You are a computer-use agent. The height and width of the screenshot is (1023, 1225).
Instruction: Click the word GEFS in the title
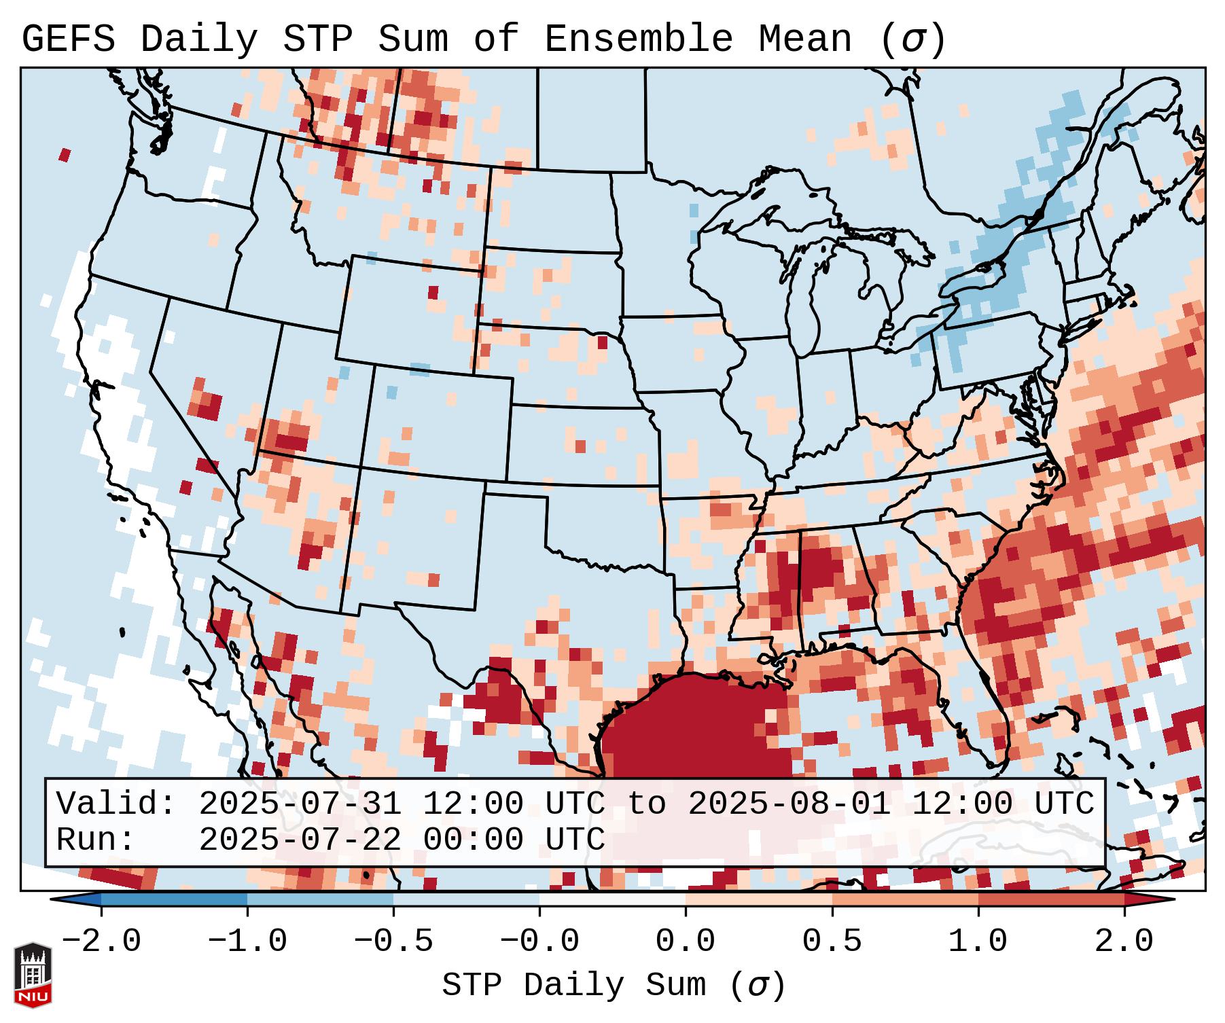pyautogui.click(x=68, y=39)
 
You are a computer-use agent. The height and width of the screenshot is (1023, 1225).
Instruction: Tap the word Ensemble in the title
pyautogui.click(x=638, y=39)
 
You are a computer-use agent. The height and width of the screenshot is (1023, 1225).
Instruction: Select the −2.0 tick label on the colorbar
pyautogui.click(x=101, y=941)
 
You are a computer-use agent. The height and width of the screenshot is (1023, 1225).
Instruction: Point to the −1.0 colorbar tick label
pyautogui.click(x=247, y=941)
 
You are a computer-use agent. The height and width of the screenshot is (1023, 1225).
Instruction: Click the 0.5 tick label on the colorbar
pyautogui.click(x=832, y=941)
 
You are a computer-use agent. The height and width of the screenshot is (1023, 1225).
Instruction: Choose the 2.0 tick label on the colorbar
pyautogui.click(x=1124, y=941)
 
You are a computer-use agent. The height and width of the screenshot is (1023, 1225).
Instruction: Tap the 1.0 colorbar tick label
pyautogui.click(x=978, y=941)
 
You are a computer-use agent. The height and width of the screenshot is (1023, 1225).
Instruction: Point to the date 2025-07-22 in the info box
pyautogui.click(x=299, y=840)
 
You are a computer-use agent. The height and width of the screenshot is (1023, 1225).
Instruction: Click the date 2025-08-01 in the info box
pyautogui.click(x=789, y=804)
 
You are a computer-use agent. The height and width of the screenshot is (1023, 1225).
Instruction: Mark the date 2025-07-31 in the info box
pyautogui.click(x=299, y=804)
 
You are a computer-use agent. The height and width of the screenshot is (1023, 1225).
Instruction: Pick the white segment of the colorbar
pyautogui.click(x=612, y=900)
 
